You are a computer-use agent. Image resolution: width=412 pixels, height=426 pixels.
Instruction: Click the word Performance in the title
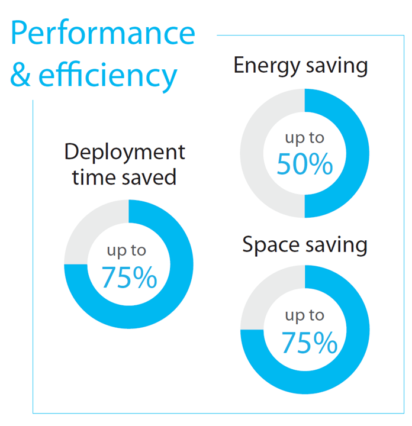[103, 34]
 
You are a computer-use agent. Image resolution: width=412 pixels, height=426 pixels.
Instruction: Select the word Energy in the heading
[263, 66]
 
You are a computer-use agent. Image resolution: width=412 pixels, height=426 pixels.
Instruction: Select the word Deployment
[124, 153]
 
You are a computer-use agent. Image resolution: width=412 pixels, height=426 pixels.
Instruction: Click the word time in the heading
[92, 177]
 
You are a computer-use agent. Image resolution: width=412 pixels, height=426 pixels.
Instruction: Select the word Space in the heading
[270, 245]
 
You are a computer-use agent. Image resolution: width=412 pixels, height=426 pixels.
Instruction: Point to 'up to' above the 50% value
[305, 138]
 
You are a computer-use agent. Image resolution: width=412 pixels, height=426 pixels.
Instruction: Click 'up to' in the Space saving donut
[305, 315]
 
